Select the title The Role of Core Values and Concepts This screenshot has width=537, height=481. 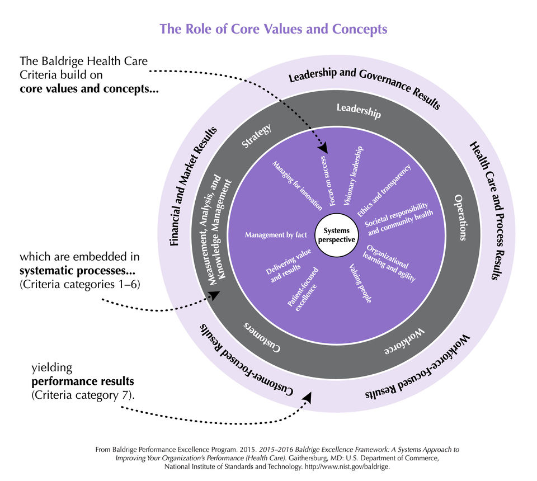pos(273,29)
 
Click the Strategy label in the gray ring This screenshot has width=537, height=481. pos(257,136)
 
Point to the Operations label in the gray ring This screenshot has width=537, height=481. pos(460,218)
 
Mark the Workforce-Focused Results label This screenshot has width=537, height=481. pos(418,374)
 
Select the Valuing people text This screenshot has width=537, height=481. pos(360,284)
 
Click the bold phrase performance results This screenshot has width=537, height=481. pos(82,381)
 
